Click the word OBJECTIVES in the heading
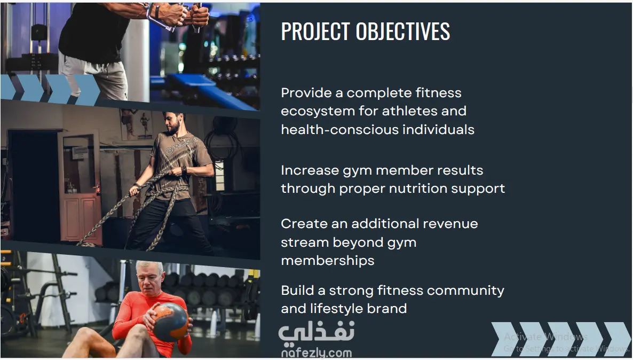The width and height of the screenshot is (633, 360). pos(403,31)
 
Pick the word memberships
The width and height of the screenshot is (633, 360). pos(327,261)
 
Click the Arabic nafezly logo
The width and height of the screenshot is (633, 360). pos(316,333)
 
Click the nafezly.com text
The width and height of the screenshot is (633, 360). pos(316,353)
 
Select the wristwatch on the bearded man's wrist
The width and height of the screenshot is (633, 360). pos(185,170)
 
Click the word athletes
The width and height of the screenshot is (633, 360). pos(407,111)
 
